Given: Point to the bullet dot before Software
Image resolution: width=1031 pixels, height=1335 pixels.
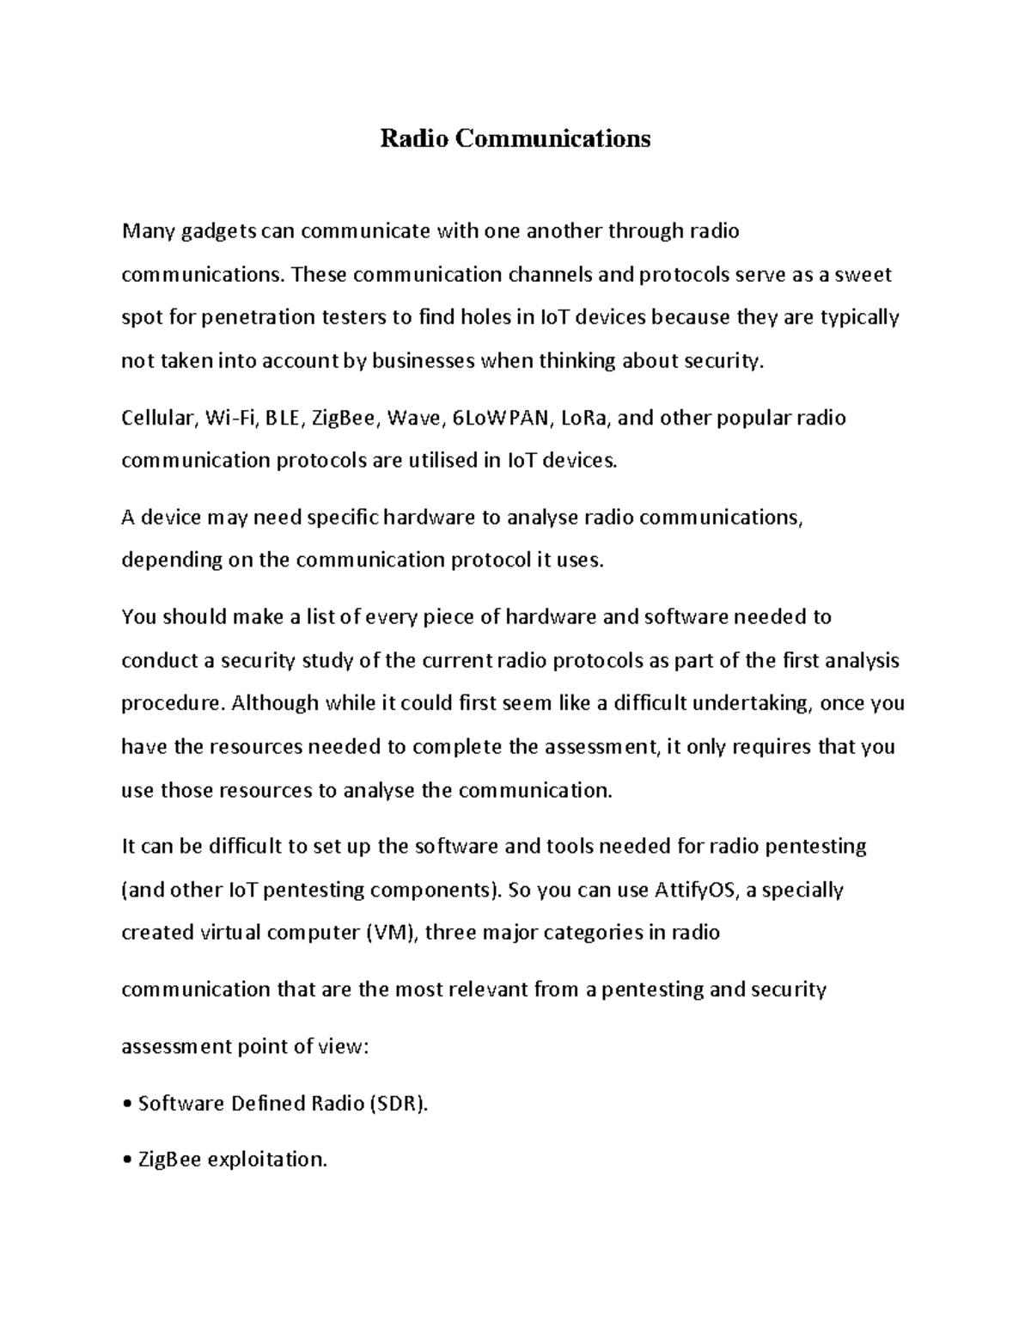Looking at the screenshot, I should click(127, 1104).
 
